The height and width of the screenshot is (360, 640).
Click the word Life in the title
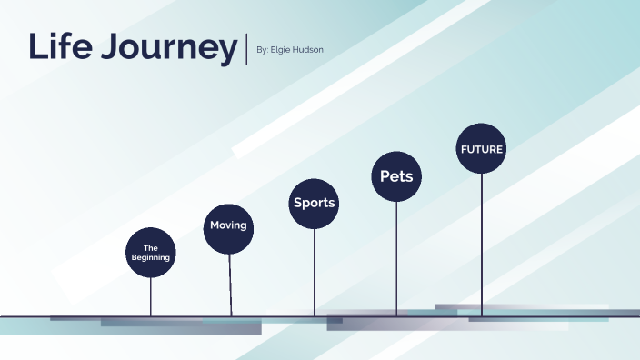point(61,46)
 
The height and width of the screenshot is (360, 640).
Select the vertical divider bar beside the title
point(245,49)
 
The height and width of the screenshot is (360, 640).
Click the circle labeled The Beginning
point(150,252)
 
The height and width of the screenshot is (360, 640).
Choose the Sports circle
point(314,203)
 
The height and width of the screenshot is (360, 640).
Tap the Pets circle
point(396,175)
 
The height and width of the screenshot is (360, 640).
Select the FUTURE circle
point(481,148)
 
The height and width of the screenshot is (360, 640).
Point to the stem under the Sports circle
point(315,273)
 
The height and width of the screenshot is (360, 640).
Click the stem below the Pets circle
point(396,259)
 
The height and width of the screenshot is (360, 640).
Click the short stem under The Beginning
point(151,296)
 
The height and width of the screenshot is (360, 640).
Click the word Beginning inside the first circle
point(151,257)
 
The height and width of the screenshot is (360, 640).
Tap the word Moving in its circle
point(228,225)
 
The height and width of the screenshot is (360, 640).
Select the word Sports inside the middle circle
point(314,203)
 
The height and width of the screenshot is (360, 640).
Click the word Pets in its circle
point(396,175)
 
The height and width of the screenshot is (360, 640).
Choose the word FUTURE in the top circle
point(481,148)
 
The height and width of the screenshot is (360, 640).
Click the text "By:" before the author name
point(263,50)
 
